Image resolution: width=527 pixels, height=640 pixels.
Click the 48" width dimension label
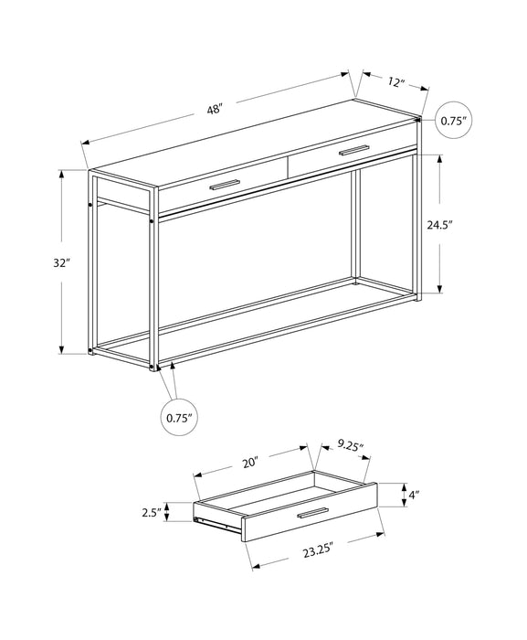pos(215,109)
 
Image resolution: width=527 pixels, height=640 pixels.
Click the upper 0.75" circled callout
pos(453,120)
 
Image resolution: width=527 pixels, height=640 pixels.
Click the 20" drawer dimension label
pos(250,462)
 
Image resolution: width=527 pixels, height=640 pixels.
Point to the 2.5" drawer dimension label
pos(152,514)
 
